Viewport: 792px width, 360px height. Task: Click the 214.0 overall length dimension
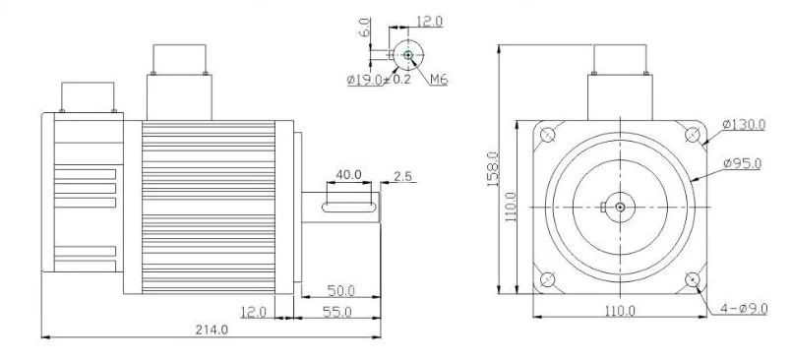coord(213,330)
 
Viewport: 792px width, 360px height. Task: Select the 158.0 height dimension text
coord(493,169)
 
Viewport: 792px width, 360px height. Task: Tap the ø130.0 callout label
coord(744,124)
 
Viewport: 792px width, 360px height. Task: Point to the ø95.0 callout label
coord(742,163)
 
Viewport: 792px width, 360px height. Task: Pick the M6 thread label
coord(439,80)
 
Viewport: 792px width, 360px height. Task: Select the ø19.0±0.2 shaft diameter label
coord(379,80)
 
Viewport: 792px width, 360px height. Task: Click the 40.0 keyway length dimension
coord(348,175)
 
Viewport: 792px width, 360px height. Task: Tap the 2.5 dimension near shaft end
coord(402,176)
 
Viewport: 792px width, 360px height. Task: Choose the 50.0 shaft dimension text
coord(341,291)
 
